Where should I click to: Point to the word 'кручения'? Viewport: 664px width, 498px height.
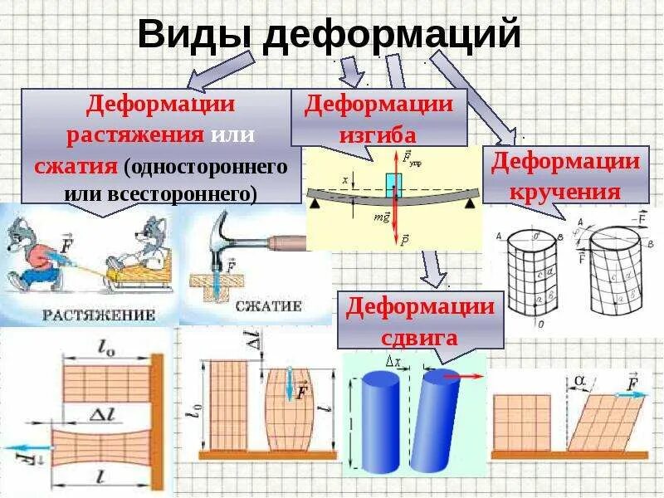click(x=567, y=192)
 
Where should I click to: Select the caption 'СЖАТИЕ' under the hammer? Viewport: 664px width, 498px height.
click(x=267, y=306)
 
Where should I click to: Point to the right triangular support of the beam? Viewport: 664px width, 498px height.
click(x=470, y=202)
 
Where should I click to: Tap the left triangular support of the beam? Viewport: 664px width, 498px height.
click(x=315, y=200)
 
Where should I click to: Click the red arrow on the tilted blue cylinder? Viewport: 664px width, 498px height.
click(x=469, y=376)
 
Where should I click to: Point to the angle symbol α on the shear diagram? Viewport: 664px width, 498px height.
click(x=579, y=379)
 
